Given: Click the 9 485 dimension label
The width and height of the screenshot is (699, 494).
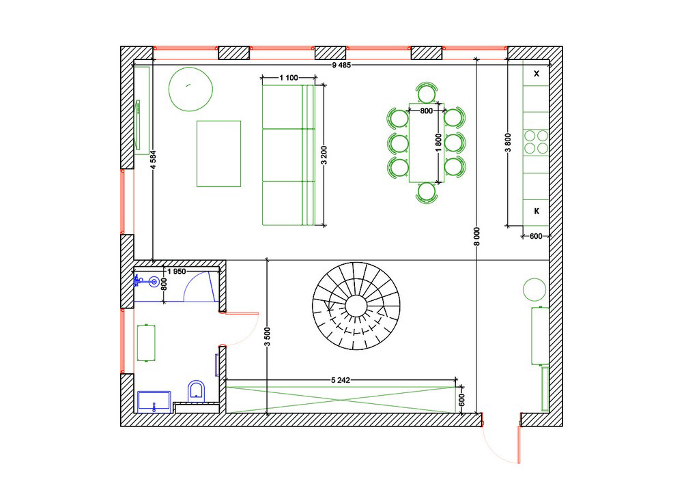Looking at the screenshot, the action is (x=341, y=65).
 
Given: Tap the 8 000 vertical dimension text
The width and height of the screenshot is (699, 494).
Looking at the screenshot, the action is (x=477, y=237).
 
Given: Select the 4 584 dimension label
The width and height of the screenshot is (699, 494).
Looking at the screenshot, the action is (x=153, y=160).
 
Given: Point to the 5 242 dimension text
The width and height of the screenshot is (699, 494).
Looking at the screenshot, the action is (x=341, y=380).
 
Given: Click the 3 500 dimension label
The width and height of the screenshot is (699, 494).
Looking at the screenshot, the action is (x=267, y=337).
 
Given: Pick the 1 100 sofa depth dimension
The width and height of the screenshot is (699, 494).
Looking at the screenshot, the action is (x=289, y=78).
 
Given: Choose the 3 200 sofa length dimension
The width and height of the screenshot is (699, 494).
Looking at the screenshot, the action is (x=324, y=155).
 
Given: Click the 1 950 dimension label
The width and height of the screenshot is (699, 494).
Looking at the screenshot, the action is (x=177, y=272).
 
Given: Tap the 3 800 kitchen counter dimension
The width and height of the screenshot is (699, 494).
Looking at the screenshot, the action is (x=508, y=143).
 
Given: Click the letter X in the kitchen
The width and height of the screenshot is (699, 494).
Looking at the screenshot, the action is (x=537, y=74).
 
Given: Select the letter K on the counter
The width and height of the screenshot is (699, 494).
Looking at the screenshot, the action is (x=537, y=211).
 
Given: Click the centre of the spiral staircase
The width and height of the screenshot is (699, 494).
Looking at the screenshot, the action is (x=356, y=306).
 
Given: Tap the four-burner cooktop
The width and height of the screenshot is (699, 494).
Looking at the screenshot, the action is (x=536, y=142).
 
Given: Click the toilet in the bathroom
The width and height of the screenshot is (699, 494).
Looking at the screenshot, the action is (x=196, y=391).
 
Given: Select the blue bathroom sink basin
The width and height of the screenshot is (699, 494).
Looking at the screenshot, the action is (x=154, y=281).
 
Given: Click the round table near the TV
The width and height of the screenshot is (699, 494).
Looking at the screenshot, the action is (x=191, y=89).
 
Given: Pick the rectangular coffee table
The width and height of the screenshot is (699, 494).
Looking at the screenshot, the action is (x=219, y=154).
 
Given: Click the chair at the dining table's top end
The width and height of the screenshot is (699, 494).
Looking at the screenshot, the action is (x=427, y=93).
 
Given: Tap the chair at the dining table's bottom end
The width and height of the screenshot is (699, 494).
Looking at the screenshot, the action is (x=427, y=193).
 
